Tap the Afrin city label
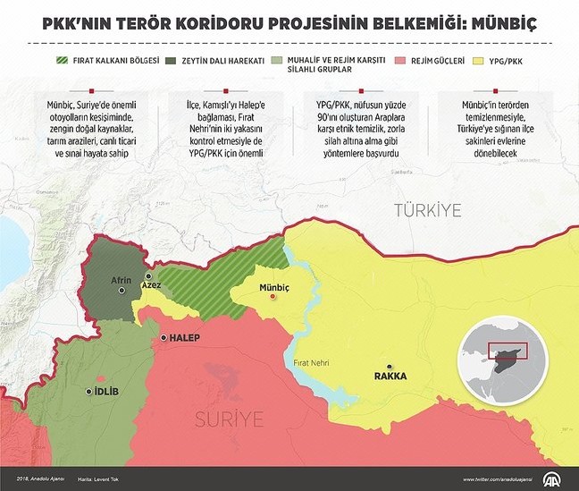point(121,280)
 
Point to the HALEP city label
point(184,337)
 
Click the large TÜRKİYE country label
point(428,210)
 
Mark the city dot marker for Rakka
point(390,365)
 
